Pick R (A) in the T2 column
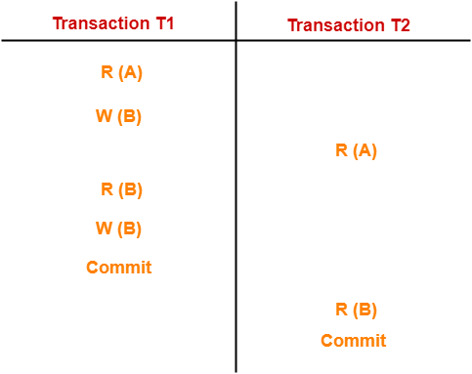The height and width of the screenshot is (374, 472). click(356, 150)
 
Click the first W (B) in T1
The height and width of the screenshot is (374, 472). click(118, 116)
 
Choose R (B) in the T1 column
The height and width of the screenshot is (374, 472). click(121, 189)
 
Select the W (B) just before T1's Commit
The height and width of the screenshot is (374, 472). click(118, 229)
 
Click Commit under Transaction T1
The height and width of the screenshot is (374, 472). click(119, 267)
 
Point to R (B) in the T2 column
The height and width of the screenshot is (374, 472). click(356, 310)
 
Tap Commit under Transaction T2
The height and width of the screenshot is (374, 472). click(354, 341)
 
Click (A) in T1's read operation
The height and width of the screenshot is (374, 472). click(130, 71)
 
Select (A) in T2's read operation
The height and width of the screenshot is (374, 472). click(365, 150)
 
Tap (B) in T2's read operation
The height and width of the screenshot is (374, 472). click(365, 310)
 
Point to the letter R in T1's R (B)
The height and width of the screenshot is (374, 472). click(107, 189)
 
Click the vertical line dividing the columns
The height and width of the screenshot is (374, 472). click(236, 195)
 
